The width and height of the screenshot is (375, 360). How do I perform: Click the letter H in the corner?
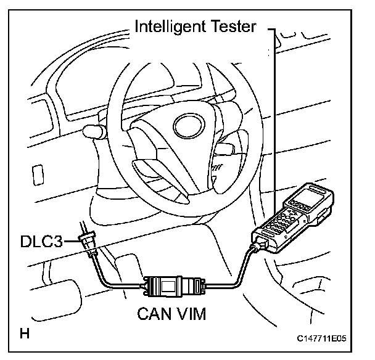pyautogui.click(x=25, y=335)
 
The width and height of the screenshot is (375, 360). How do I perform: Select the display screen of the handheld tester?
pyautogui.click(x=307, y=196)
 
